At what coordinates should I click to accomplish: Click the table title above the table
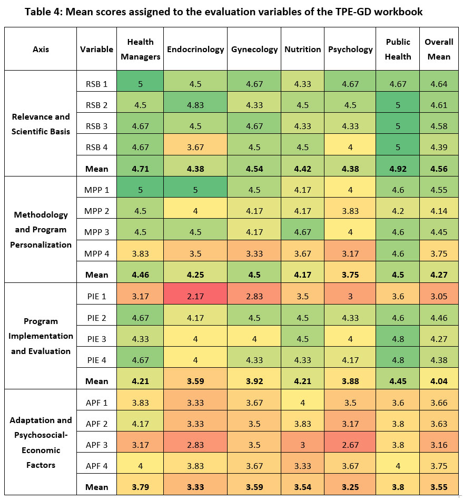[x=223, y=12]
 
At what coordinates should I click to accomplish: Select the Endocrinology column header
[x=195, y=49]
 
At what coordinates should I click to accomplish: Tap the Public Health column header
[x=398, y=49]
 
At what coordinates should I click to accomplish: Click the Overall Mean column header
[x=439, y=49]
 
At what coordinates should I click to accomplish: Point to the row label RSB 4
[x=96, y=148]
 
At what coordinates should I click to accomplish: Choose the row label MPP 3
[x=96, y=232]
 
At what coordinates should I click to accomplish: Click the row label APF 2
[x=96, y=424]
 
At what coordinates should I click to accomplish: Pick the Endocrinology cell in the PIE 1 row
[x=195, y=296]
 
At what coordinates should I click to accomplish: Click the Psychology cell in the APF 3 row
[x=350, y=445]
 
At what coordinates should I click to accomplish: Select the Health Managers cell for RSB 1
[x=141, y=84]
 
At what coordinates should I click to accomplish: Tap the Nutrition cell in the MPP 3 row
[x=303, y=232]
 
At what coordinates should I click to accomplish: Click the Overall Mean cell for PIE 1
[x=439, y=296]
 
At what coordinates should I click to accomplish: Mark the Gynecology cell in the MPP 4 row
[x=254, y=253]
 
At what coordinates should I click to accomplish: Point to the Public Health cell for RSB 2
[x=398, y=105]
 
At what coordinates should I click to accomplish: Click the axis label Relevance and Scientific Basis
[x=41, y=124]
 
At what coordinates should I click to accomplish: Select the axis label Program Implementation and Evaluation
[x=41, y=336]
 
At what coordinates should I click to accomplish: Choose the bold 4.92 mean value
[x=398, y=169]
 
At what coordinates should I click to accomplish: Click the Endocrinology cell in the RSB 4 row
[x=195, y=148]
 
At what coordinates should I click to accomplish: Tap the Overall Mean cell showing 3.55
[x=439, y=487]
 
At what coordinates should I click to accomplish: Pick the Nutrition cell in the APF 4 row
[x=303, y=466]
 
